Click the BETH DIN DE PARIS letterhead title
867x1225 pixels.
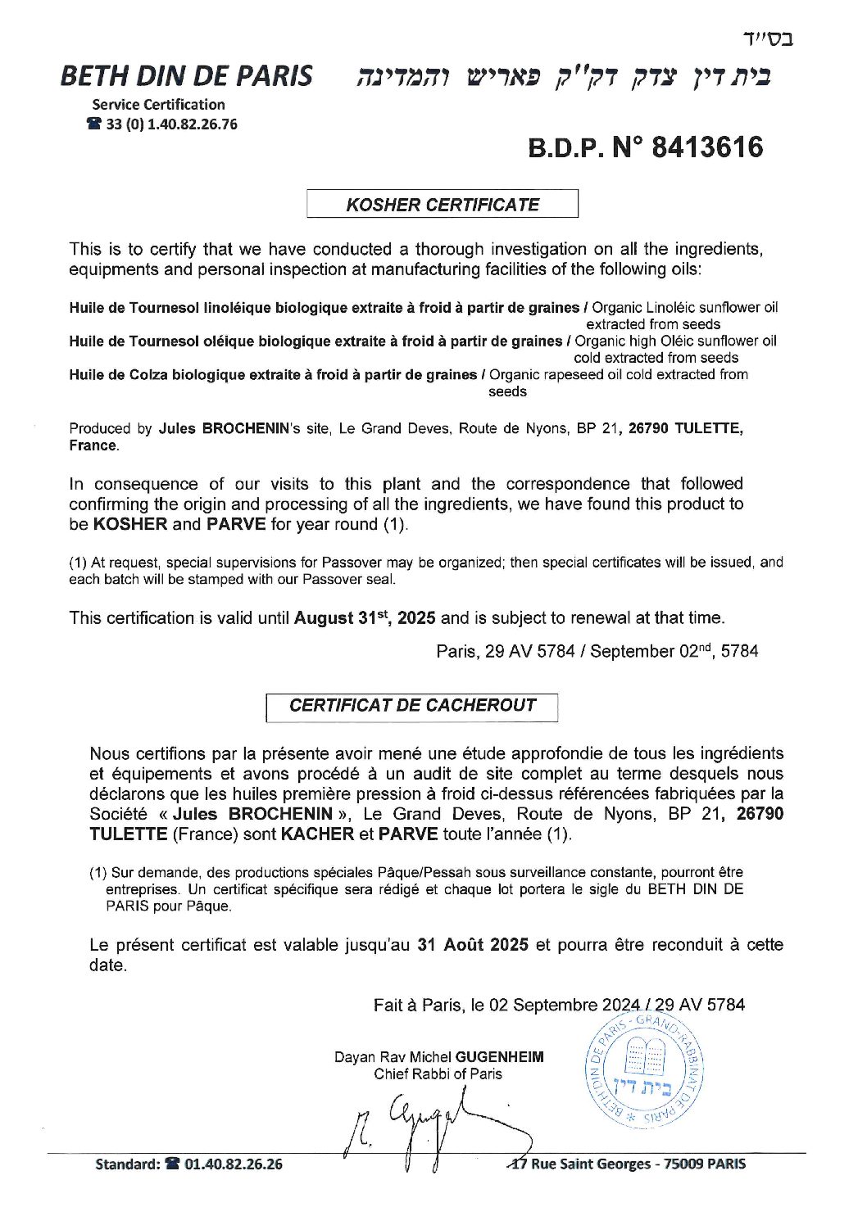(186, 76)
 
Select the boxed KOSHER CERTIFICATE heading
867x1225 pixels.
(443, 205)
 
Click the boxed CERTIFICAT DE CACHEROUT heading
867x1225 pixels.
(412, 706)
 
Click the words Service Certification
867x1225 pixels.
(158, 104)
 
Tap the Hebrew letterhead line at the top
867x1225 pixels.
(563, 78)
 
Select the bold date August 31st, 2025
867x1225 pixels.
(365, 617)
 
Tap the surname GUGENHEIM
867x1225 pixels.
(499, 1056)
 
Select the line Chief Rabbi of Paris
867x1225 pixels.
(438, 1074)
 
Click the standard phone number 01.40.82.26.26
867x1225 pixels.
(234, 1164)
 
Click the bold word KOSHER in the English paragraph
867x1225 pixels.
(130, 524)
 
